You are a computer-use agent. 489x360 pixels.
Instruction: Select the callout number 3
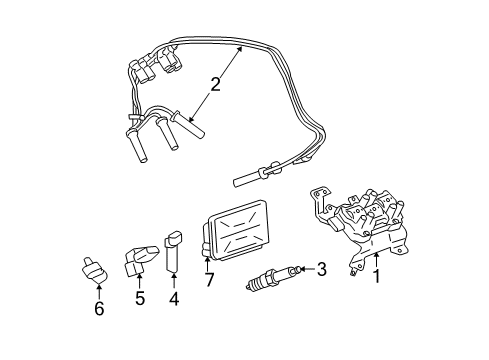tap(322, 268)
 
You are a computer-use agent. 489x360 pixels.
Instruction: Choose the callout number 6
tap(99, 309)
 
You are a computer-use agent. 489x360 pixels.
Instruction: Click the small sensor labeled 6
tap(93, 270)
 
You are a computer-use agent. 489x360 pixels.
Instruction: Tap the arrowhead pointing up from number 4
tap(173, 276)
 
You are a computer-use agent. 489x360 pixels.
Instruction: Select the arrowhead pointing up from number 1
tap(376, 254)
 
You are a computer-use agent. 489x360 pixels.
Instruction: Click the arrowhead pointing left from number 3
tap(302, 268)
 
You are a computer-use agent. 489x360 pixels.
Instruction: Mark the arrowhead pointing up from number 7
tap(210, 262)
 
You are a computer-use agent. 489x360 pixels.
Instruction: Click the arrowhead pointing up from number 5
tap(140, 275)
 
